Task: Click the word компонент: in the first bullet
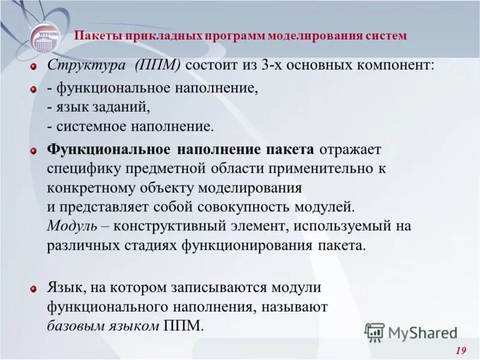point(393,65)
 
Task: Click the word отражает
point(351,149)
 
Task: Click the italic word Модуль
point(68,226)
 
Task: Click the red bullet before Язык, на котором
point(34,289)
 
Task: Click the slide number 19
point(461,350)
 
